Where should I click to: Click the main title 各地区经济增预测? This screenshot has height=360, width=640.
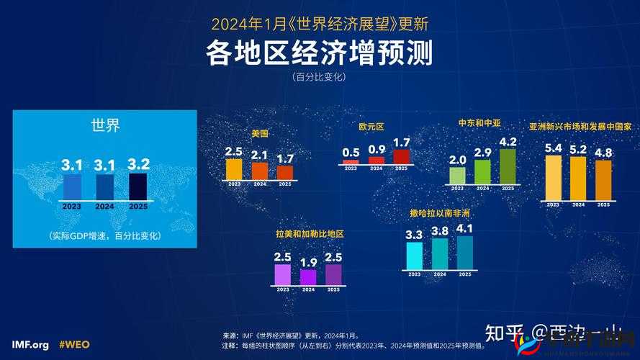[x=320, y=53]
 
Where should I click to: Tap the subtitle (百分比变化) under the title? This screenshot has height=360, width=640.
[x=320, y=77]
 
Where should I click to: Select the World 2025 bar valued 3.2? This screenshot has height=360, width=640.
[x=138, y=186]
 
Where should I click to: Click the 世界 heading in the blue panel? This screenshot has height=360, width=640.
[x=105, y=125]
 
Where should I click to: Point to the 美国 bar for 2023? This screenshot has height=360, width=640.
[x=234, y=169]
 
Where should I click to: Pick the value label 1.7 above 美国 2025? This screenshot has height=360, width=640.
[x=285, y=158]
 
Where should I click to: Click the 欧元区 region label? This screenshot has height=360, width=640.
[x=371, y=127]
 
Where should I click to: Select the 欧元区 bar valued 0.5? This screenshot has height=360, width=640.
[x=351, y=163]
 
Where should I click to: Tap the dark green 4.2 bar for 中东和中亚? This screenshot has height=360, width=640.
[x=508, y=166]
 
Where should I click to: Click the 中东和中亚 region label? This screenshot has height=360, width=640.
[x=479, y=123]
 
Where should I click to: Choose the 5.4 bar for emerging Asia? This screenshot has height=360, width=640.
[x=553, y=178]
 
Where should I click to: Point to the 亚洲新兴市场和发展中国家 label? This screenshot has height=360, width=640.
[x=580, y=126]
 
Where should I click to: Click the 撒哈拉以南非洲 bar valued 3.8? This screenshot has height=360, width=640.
[x=440, y=253]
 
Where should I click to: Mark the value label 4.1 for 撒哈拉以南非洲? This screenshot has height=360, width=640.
[x=465, y=229]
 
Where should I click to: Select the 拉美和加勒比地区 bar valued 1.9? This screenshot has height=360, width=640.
[x=308, y=277]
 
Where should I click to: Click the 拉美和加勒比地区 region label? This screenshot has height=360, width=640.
[x=310, y=235]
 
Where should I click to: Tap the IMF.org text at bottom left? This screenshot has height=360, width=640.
[x=30, y=345]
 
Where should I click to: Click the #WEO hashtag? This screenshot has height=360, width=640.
[x=74, y=345]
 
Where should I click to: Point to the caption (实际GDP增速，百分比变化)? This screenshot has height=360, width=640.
[x=105, y=235]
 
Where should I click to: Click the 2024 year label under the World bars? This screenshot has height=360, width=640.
[x=105, y=207]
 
